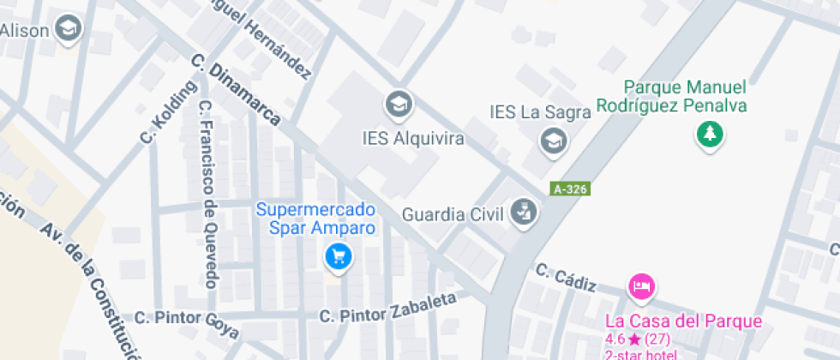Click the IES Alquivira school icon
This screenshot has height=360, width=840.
click(x=398, y=105)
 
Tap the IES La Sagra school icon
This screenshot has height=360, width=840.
click(x=555, y=140)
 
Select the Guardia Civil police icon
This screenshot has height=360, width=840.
click(x=522, y=212)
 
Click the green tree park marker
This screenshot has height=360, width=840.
click(x=710, y=133)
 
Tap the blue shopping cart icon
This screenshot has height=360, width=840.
click(x=339, y=255)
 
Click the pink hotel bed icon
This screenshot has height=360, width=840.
click(x=640, y=285)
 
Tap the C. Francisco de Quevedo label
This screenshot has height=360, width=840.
click(x=207, y=194)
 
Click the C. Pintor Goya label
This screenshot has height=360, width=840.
click(x=186, y=321)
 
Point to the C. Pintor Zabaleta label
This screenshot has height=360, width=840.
click(x=387, y=307)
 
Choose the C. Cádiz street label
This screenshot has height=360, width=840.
click(x=565, y=279)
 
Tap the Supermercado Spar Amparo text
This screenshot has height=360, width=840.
click(x=316, y=219)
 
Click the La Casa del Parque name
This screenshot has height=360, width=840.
click(x=683, y=321)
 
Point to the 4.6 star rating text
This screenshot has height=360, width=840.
click(x=638, y=339)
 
